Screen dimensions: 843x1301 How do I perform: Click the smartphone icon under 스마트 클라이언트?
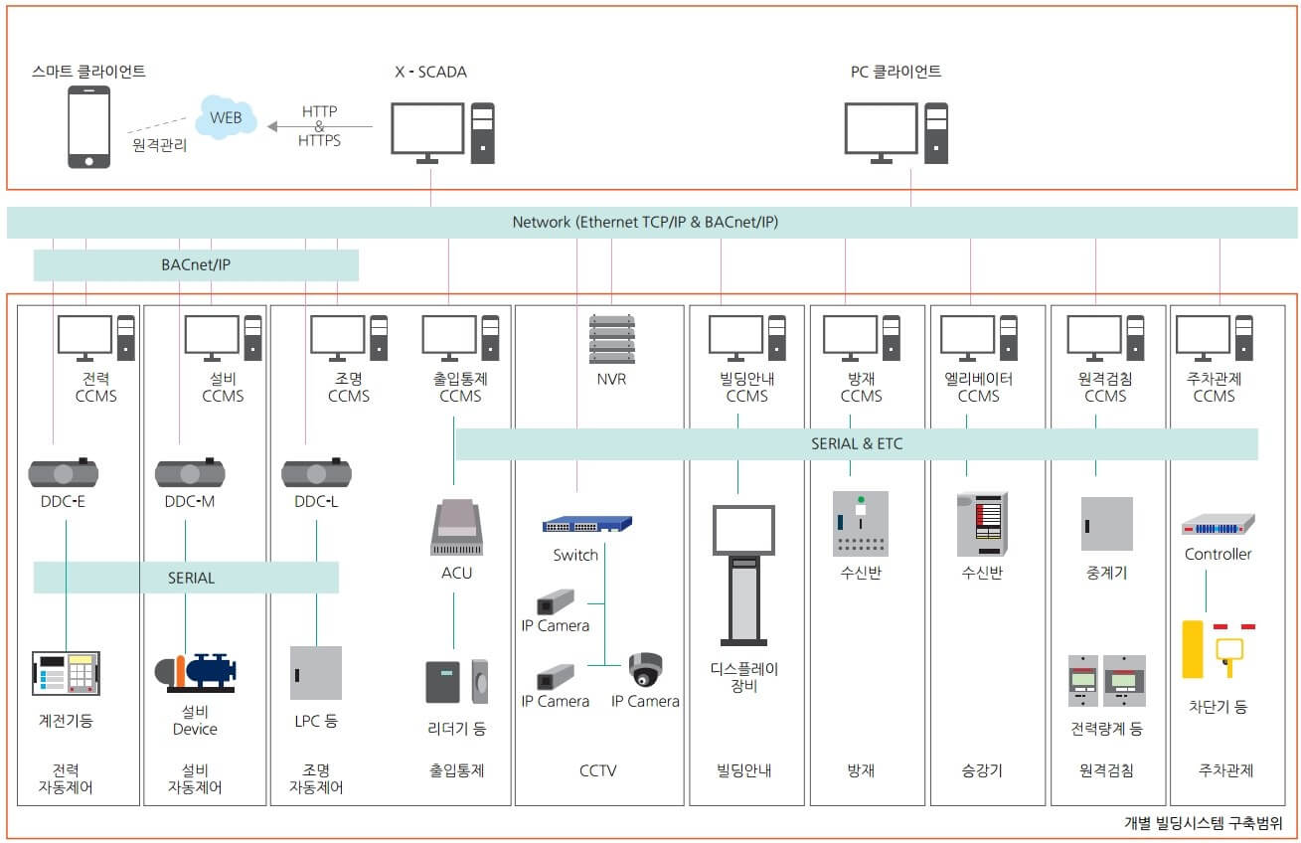point(88,127)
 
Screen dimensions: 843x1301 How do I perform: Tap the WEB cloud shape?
point(228,117)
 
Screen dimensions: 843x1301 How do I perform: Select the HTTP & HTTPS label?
point(319,126)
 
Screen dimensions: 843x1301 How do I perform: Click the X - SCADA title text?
point(430,72)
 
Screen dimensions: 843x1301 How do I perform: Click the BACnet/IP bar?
point(196,265)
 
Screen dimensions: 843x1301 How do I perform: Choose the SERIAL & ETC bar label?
point(857,443)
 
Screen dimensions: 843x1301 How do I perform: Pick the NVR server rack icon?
point(611,339)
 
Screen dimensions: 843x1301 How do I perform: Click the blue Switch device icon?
point(587,524)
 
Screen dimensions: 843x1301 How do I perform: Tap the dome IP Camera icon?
point(645,669)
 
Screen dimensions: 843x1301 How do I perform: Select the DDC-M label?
point(190,501)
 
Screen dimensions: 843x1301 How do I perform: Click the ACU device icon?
point(456,528)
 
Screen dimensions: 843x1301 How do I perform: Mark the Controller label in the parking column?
point(1218,554)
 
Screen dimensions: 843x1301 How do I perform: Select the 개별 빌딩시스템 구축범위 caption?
point(1203,823)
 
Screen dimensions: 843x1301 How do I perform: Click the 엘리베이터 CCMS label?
point(978,387)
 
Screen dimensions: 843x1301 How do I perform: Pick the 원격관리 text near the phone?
point(159,145)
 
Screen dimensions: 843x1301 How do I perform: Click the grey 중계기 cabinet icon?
point(1106,524)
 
